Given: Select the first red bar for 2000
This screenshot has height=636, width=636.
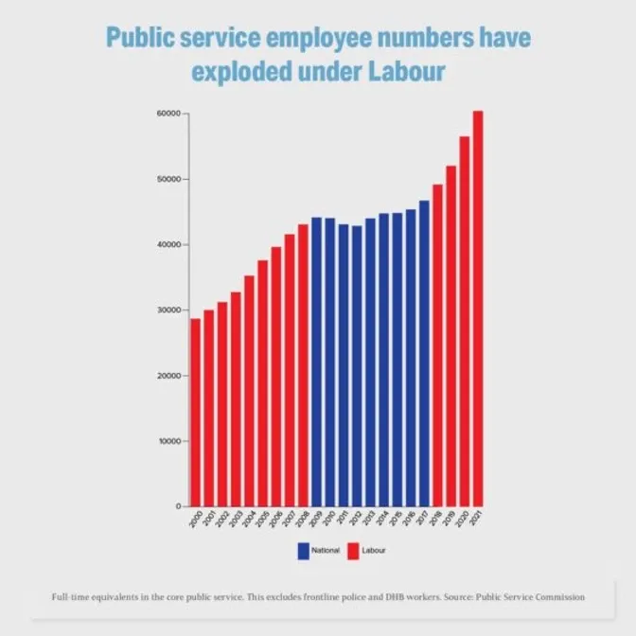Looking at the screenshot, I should pyautogui.click(x=195, y=412).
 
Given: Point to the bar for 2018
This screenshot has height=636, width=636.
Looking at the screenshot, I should pyautogui.click(x=437, y=344).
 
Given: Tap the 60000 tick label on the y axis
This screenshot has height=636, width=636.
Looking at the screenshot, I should pyautogui.click(x=168, y=114).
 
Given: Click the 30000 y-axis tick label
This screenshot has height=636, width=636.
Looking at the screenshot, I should pyautogui.click(x=168, y=310).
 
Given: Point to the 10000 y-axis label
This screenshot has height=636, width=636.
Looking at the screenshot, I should pyautogui.click(x=168, y=441).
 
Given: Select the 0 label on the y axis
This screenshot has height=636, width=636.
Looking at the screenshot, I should pyautogui.click(x=178, y=506).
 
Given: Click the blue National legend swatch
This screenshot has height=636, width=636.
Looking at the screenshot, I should pyautogui.click(x=303, y=550).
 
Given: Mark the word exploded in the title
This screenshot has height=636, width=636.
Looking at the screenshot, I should pyautogui.click(x=238, y=72).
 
